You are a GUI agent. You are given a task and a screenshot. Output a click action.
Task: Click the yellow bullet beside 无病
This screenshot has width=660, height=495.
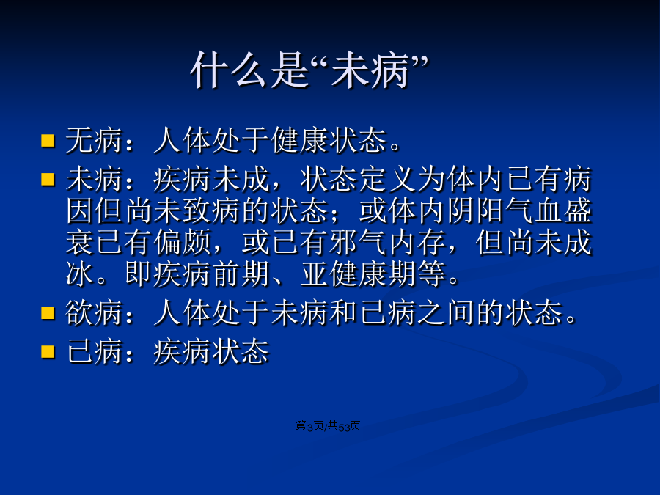[48, 141]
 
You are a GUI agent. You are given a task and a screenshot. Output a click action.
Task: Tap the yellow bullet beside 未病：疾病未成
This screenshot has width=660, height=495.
[48, 180]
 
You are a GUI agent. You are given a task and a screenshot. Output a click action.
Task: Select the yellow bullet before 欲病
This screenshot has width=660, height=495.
[48, 313]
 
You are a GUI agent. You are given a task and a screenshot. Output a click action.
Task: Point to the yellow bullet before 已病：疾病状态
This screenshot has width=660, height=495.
[48, 351]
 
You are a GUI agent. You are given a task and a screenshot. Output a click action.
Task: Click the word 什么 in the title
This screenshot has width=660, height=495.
[228, 70]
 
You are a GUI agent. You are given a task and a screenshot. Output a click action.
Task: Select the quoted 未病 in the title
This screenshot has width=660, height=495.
[370, 70]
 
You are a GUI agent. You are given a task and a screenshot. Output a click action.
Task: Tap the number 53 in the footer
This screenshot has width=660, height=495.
[344, 427]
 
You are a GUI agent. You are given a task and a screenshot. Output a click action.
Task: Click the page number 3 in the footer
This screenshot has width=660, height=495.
[309, 427]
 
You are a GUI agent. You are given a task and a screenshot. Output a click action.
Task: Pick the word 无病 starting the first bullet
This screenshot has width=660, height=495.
[94, 140]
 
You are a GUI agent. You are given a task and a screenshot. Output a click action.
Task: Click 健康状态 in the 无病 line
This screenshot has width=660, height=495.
[329, 140]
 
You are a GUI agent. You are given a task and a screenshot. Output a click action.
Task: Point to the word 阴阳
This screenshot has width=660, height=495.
[476, 211]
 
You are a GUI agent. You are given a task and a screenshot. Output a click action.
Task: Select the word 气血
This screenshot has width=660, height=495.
[534, 211]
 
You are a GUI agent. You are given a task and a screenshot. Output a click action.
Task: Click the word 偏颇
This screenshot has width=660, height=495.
[182, 243]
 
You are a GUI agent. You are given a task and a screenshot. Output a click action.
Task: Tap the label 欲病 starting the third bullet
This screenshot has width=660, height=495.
[94, 312]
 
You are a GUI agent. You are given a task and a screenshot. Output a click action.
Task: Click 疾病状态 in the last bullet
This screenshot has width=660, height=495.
[211, 351]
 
